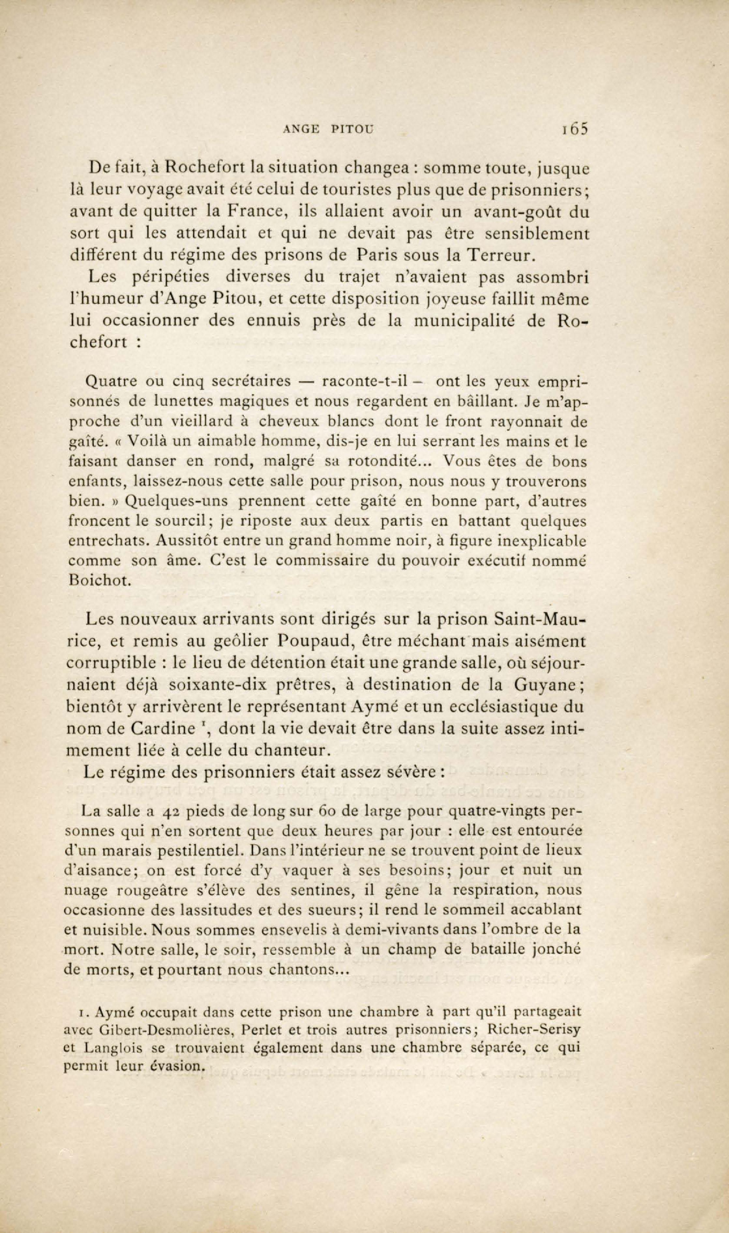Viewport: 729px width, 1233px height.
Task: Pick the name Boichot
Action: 100,580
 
